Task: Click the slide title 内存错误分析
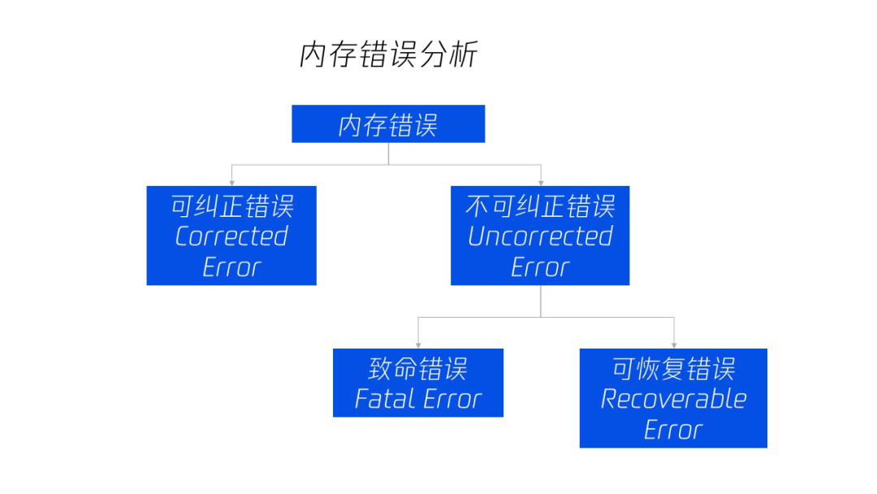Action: [389, 54]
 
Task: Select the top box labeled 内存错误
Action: [388, 123]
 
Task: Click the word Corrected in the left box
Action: [231, 236]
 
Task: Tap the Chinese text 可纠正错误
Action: [232, 206]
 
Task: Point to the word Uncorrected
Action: [540, 236]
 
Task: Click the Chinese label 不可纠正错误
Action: [540, 206]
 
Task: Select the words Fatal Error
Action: [418, 399]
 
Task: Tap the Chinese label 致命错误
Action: [418, 369]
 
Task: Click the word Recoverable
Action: [673, 399]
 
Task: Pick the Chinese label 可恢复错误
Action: [673, 369]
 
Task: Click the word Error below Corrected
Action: [231, 267]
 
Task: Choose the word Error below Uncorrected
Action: [540, 267]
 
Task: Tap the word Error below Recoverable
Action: [673, 430]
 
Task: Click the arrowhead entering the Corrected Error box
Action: [232, 183]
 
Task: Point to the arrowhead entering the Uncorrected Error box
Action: [541, 183]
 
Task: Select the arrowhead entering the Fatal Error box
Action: [418, 345]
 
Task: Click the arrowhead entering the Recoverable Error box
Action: [674, 345]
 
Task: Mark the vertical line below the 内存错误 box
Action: [389, 154]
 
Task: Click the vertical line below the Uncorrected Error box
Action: [541, 301]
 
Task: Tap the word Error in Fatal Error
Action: [452, 399]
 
